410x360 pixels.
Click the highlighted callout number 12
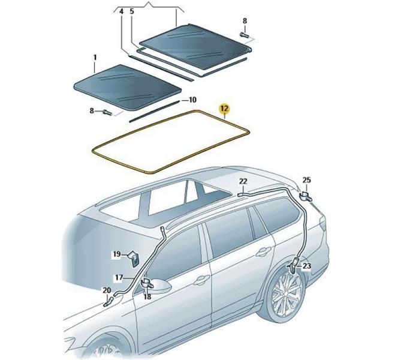tap(225, 109)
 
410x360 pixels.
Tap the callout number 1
tap(95, 57)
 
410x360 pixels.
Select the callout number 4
tap(121, 12)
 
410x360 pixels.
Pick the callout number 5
tap(132, 11)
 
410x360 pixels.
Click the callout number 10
tap(192, 100)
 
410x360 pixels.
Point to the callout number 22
tap(243, 181)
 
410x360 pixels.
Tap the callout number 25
tap(307, 180)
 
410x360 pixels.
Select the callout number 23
tap(306, 266)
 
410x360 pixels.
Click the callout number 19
tap(117, 254)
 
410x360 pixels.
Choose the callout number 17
tap(119, 278)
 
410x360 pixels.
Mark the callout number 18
tap(147, 296)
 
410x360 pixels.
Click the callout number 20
tap(107, 290)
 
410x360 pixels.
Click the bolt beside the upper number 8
tap(244, 35)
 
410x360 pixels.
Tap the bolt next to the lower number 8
tap(107, 112)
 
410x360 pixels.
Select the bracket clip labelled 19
tap(134, 259)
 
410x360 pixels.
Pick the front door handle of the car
tap(201, 280)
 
